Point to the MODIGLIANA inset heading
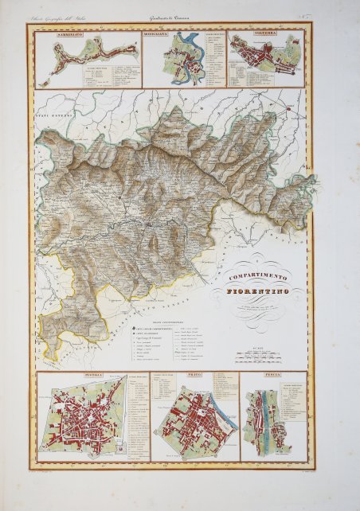coord(165,36)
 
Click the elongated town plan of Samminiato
coord(88,56)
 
